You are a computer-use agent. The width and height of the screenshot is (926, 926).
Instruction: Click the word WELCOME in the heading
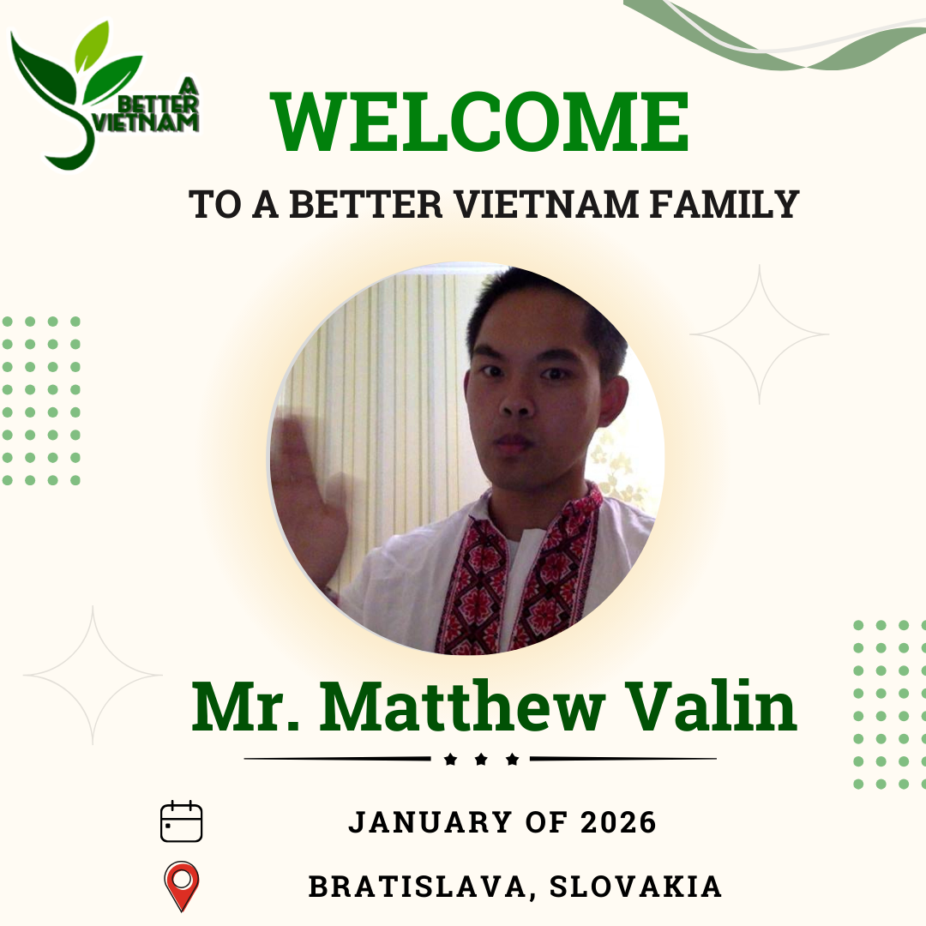(479, 122)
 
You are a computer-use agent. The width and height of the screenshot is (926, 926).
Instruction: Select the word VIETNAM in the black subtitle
(547, 204)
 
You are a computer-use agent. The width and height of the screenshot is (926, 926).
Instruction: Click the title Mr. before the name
(245, 707)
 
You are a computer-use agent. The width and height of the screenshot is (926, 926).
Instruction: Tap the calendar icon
(181, 821)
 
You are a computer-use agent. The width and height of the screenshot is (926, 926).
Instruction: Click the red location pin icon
(182, 886)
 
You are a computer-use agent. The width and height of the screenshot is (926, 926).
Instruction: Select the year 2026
(618, 822)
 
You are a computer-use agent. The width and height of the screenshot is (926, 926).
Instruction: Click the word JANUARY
(430, 822)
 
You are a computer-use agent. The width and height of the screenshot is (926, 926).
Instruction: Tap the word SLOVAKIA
(635, 887)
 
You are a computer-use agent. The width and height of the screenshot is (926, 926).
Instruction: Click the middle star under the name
(481, 760)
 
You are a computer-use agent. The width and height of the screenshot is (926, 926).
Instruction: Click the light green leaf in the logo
(92, 46)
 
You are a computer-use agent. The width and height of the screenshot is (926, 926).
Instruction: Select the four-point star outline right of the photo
(760, 334)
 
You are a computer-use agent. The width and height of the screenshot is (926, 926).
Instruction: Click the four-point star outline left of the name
(93, 675)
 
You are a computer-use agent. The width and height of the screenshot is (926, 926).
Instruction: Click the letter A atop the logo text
(189, 87)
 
